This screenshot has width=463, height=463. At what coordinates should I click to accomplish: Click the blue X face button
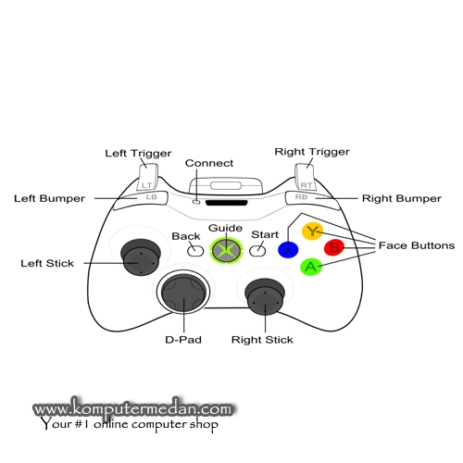[288, 249]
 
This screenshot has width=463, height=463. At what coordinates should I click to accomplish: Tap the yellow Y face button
[312, 231]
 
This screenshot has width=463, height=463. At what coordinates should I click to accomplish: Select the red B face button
[334, 247]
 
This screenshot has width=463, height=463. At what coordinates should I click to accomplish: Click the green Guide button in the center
[226, 250]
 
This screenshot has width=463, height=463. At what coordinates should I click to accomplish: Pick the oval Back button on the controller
[195, 251]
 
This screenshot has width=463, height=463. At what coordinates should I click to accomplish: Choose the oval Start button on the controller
[257, 251]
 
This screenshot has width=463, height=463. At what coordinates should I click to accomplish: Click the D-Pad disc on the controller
[183, 293]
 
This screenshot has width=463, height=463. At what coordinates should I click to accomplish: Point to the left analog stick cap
[141, 257]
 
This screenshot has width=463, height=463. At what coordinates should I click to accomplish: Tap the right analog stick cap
[265, 297]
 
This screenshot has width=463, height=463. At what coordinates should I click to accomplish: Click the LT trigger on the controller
[147, 177]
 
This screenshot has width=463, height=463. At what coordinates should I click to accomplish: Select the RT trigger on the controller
[306, 177]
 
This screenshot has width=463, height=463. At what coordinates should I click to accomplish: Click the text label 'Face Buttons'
[417, 245]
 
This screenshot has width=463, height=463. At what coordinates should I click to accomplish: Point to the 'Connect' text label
[209, 163]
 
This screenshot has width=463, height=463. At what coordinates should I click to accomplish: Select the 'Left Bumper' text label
[49, 198]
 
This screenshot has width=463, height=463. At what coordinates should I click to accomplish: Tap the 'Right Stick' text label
[262, 340]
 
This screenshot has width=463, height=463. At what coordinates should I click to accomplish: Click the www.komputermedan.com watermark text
[132, 408]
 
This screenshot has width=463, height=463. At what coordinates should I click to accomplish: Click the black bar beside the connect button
[227, 203]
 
